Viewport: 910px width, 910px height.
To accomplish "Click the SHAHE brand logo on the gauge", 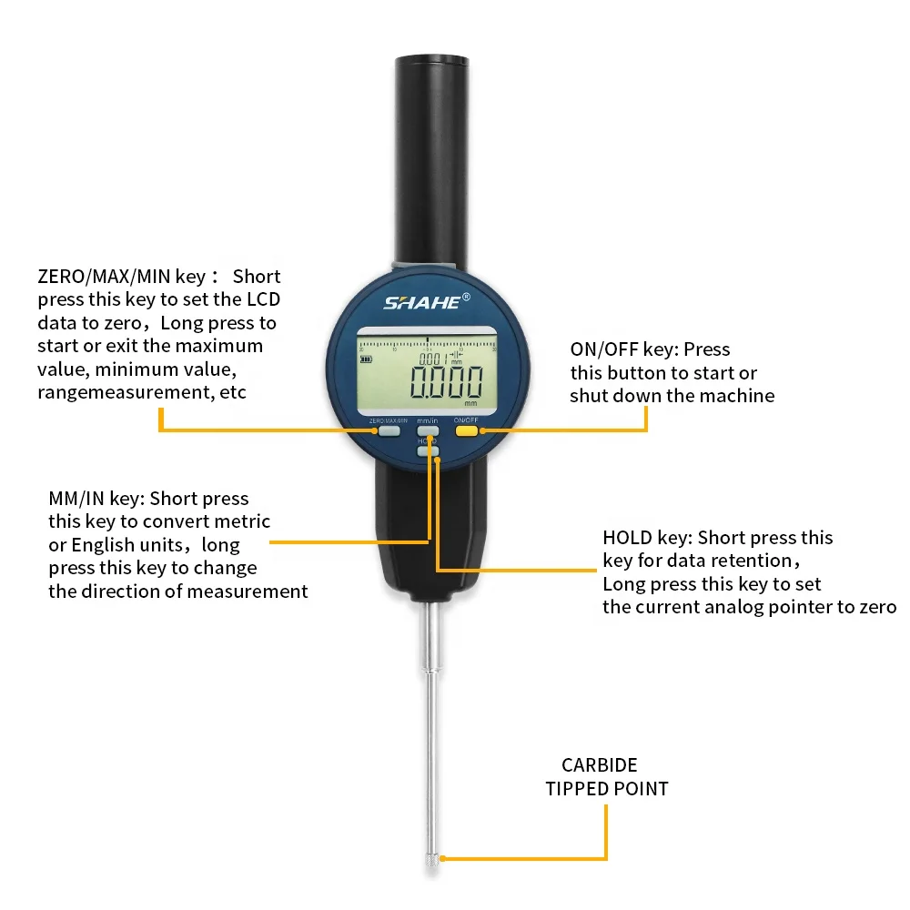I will pyautogui.click(x=422, y=302).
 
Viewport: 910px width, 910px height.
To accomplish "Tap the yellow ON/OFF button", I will pyautogui.click(x=467, y=431).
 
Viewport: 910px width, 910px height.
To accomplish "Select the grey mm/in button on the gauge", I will pyautogui.click(x=428, y=431).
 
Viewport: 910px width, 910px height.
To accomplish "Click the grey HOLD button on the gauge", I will pyautogui.click(x=428, y=450).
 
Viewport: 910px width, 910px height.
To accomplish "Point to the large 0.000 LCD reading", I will pyautogui.click(x=446, y=381).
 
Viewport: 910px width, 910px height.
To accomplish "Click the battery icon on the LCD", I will pyautogui.click(x=367, y=359).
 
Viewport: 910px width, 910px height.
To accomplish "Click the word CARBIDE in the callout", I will pyautogui.click(x=599, y=765).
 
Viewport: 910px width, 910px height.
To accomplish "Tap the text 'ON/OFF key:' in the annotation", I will pyautogui.click(x=624, y=349).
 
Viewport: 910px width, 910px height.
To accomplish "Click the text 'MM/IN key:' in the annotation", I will pyautogui.click(x=96, y=499).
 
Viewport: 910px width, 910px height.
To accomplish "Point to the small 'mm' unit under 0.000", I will pyautogui.click(x=470, y=402).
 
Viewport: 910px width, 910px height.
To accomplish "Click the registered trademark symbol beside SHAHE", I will pyautogui.click(x=467, y=297).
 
